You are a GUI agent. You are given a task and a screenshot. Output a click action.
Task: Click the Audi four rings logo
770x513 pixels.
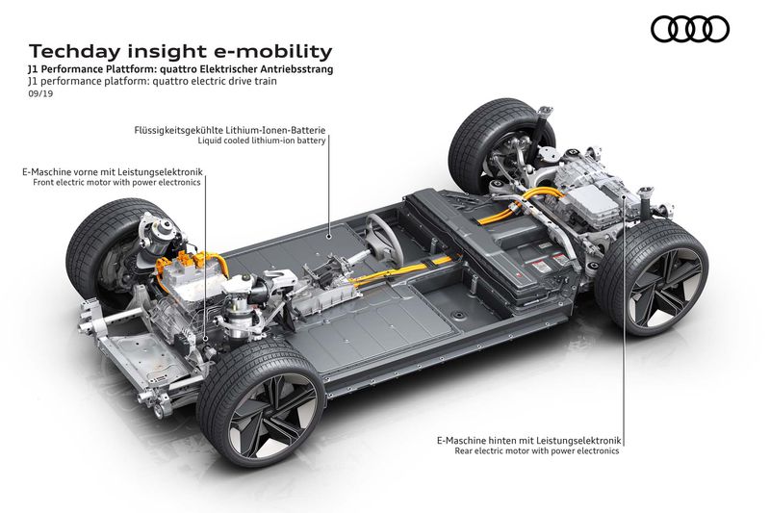tap(689, 30)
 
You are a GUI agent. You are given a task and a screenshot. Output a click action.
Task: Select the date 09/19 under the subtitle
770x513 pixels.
tap(40, 96)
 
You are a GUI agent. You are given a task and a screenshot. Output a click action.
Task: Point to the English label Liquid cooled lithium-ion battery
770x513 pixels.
tap(263, 141)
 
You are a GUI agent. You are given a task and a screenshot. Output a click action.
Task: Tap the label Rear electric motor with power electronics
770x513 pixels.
tap(537, 450)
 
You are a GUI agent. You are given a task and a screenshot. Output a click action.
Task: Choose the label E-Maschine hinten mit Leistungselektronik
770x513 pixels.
tap(528, 439)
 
